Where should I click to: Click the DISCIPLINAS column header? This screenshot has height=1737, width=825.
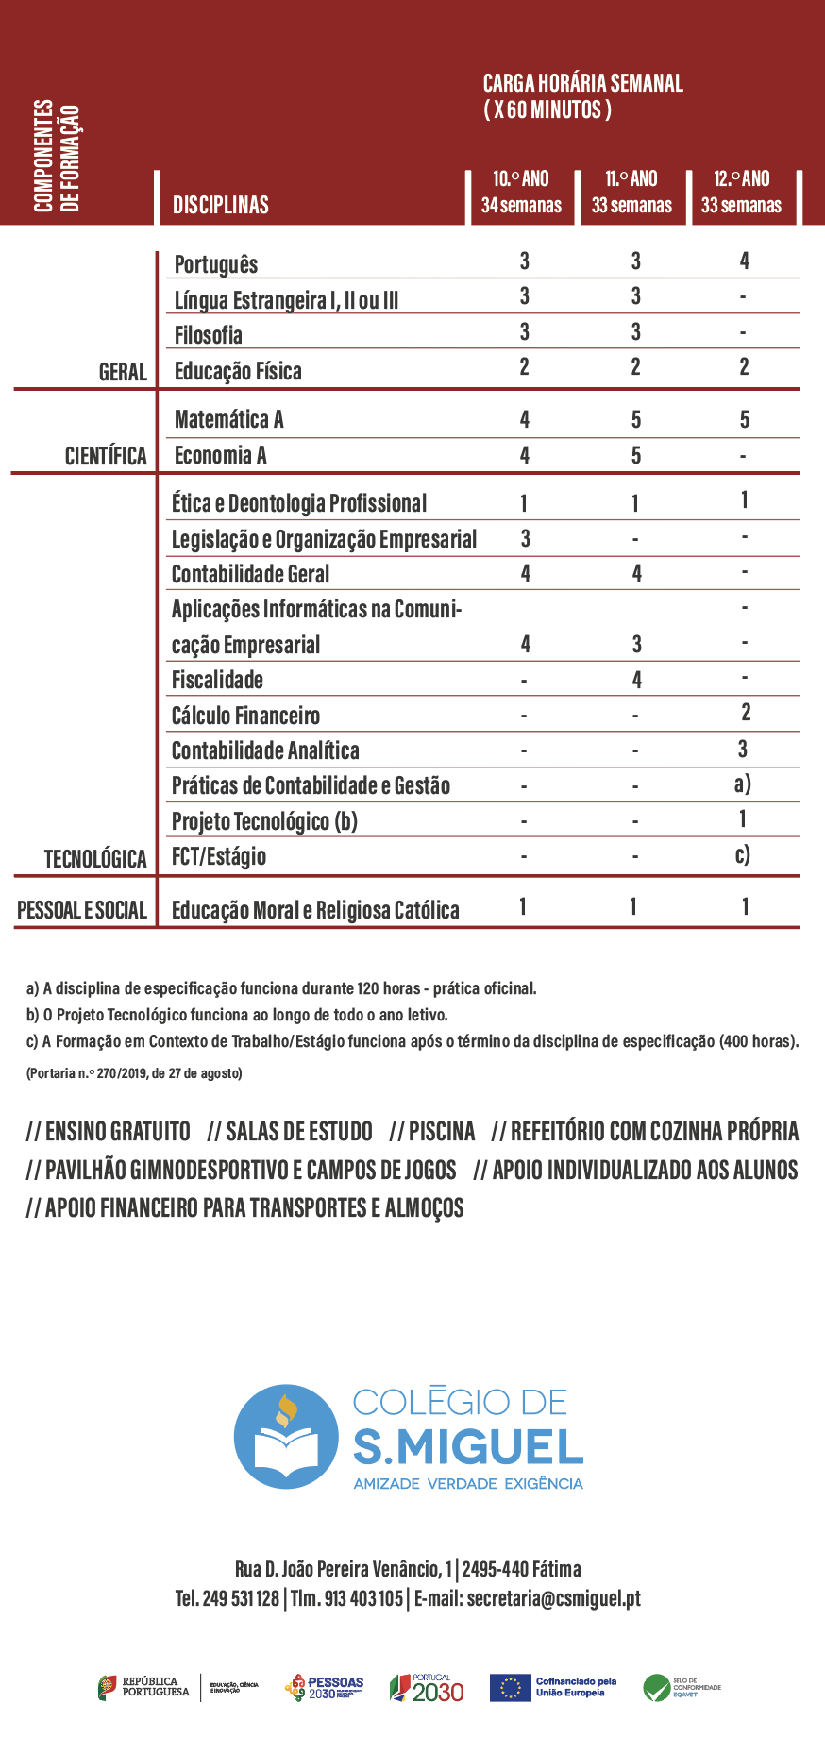(x=220, y=205)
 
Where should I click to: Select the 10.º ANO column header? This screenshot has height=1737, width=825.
(x=521, y=192)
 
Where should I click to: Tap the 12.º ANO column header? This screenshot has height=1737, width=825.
(x=741, y=192)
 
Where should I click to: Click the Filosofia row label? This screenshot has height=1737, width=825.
(x=208, y=335)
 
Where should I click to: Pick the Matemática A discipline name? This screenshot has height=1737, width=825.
(x=228, y=419)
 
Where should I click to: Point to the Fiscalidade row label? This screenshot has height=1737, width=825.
(x=217, y=680)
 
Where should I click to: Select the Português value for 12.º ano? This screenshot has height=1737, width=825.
(x=744, y=261)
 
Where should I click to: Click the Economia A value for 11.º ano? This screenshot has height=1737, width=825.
(x=636, y=455)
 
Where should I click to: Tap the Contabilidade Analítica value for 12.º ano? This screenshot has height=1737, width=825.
(x=743, y=749)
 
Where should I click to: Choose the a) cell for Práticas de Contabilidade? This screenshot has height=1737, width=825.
(x=742, y=784)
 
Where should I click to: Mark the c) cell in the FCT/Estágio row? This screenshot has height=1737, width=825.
(x=742, y=854)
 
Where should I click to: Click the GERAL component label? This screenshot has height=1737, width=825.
(x=123, y=372)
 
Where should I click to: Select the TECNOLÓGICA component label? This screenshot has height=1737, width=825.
(x=95, y=859)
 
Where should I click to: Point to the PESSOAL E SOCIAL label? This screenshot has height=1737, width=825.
(x=82, y=910)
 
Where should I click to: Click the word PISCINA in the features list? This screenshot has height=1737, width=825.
(x=441, y=1131)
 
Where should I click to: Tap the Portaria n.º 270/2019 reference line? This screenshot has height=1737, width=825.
(x=134, y=1073)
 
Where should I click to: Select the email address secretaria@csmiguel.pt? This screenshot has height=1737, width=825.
(x=553, y=1598)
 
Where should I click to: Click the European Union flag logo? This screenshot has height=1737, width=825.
(x=511, y=1687)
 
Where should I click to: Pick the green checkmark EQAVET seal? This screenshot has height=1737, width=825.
(x=656, y=1687)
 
